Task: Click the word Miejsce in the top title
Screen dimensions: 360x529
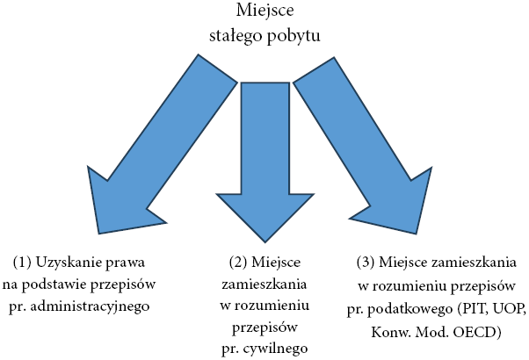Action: [264, 11]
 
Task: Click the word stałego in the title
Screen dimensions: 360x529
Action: [236, 36]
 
